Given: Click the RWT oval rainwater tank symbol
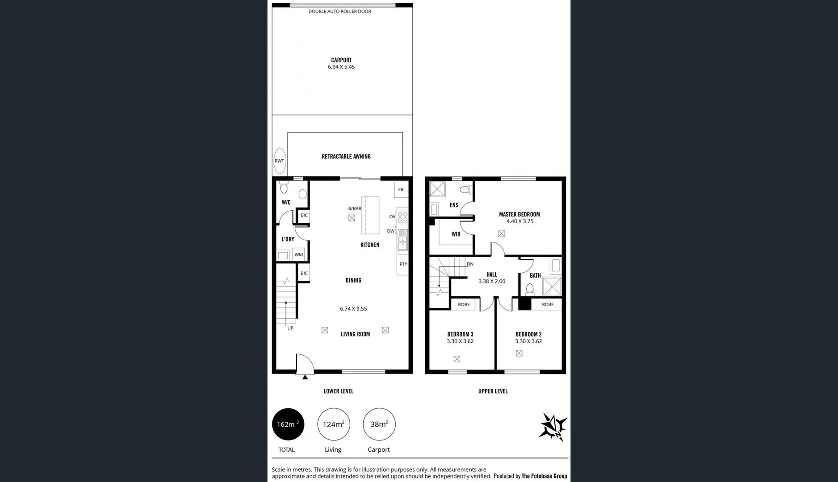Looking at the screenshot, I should (x=279, y=161).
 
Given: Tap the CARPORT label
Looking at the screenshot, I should (x=341, y=60).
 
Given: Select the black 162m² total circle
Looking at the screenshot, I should (x=288, y=424).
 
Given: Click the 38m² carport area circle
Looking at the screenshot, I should (x=379, y=424).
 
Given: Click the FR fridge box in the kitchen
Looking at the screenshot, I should (x=401, y=190).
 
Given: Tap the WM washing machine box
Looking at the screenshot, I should (x=299, y=255).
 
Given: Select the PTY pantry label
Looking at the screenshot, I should (x=403, y=264).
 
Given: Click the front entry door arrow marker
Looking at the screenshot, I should (x=305, y=378).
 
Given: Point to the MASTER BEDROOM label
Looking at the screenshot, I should (x=519, y=215).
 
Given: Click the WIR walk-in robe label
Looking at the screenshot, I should (x=456, y=234).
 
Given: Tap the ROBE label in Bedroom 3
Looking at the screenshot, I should (x=464, y=304).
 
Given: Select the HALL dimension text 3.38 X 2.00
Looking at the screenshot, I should (x=491, y=282).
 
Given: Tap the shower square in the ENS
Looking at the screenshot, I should (x=437, y=189).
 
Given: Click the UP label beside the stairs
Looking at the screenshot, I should (x=290, y=328).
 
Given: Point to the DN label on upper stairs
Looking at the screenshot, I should (x=470, y=264).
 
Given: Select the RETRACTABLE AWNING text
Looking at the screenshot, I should (x=346, y=157).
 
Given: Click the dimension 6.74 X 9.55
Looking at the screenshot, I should (x=353, y=309).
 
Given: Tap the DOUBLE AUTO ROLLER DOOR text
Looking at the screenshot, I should (x=339, y=12).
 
